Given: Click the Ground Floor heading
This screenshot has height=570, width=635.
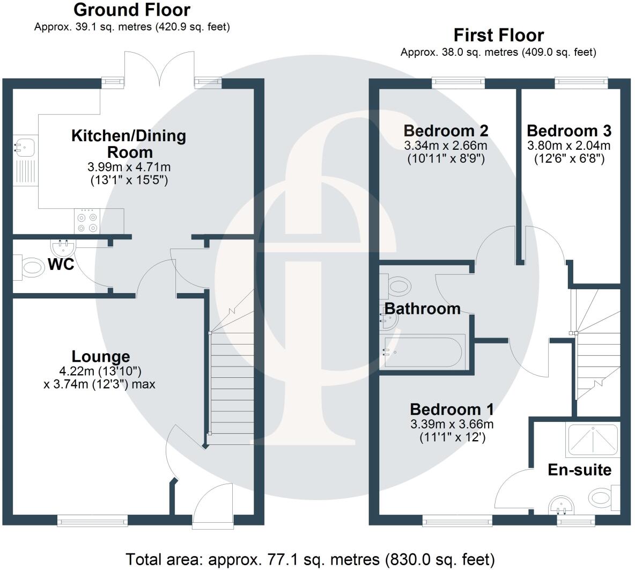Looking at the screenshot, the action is [131, 10].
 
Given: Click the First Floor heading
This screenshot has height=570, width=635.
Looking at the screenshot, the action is [498, 35].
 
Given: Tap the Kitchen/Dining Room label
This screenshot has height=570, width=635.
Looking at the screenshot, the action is [129, 143].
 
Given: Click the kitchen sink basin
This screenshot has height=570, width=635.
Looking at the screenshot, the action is [25, 145].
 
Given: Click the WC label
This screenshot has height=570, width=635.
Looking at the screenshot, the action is [61, 265].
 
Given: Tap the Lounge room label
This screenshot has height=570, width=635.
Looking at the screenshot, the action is [101, 356].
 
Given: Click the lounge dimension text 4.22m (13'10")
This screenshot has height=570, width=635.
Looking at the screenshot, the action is [100, 370].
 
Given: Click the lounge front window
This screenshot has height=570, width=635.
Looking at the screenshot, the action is [93, 519].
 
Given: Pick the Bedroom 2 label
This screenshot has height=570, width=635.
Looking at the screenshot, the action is [446, 130].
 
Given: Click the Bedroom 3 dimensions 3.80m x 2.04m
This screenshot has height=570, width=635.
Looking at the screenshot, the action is [568, 145].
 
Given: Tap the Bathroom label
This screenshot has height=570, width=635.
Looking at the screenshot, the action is [423, 309].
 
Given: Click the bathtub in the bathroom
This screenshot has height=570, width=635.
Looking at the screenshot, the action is [424, 353].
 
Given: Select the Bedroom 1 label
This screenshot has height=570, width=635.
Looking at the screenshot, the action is [452, 410].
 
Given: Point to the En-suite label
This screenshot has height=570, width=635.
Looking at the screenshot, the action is [579, 470].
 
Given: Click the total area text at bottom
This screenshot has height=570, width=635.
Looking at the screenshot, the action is [310, 559].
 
